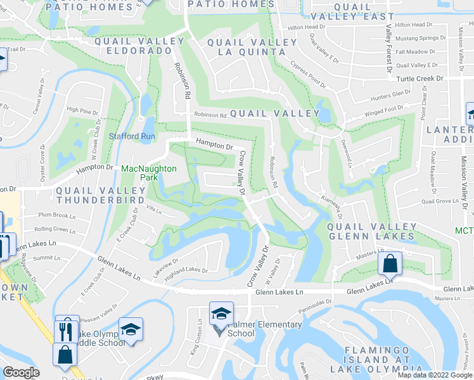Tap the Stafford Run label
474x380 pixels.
[132, 136]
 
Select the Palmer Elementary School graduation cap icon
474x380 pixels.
[222, 314]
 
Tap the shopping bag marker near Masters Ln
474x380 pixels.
[390, 264]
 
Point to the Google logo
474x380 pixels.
[21, 372]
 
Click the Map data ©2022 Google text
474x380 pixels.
[435, 375]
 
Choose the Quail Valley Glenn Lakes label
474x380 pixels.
[371, 231]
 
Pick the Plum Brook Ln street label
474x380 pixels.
[56, 215]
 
